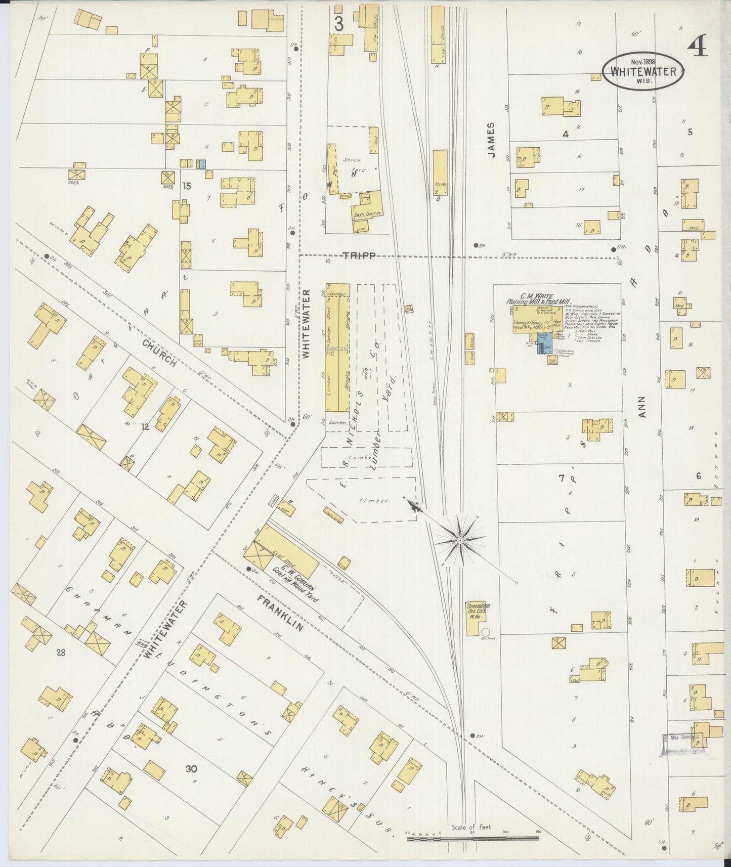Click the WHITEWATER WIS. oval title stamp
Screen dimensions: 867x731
(x=642, y=71)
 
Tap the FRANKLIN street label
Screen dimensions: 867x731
(x=279, y=613)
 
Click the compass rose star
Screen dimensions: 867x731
(x=460, y=541)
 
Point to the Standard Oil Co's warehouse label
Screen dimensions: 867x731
(x=478, y=610)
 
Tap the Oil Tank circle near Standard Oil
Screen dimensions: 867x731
(x=486, y=632)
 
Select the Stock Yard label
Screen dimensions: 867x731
(x=352, y=165)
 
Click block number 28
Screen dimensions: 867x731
(x=61, y=653)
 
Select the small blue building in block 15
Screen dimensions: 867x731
(x=202, y=164)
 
